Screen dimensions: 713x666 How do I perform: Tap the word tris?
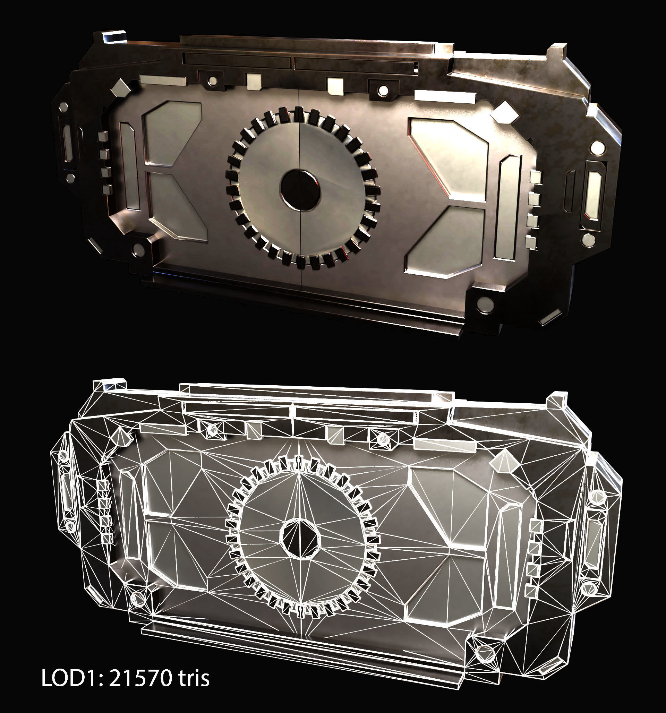192,678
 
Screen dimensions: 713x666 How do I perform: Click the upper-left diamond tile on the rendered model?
121,87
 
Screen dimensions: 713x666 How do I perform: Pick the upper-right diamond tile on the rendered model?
505,112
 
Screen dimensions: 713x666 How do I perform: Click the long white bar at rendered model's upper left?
163,80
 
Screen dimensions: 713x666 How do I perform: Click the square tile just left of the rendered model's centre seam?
254,82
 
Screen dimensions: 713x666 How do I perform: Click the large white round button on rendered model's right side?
597,147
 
